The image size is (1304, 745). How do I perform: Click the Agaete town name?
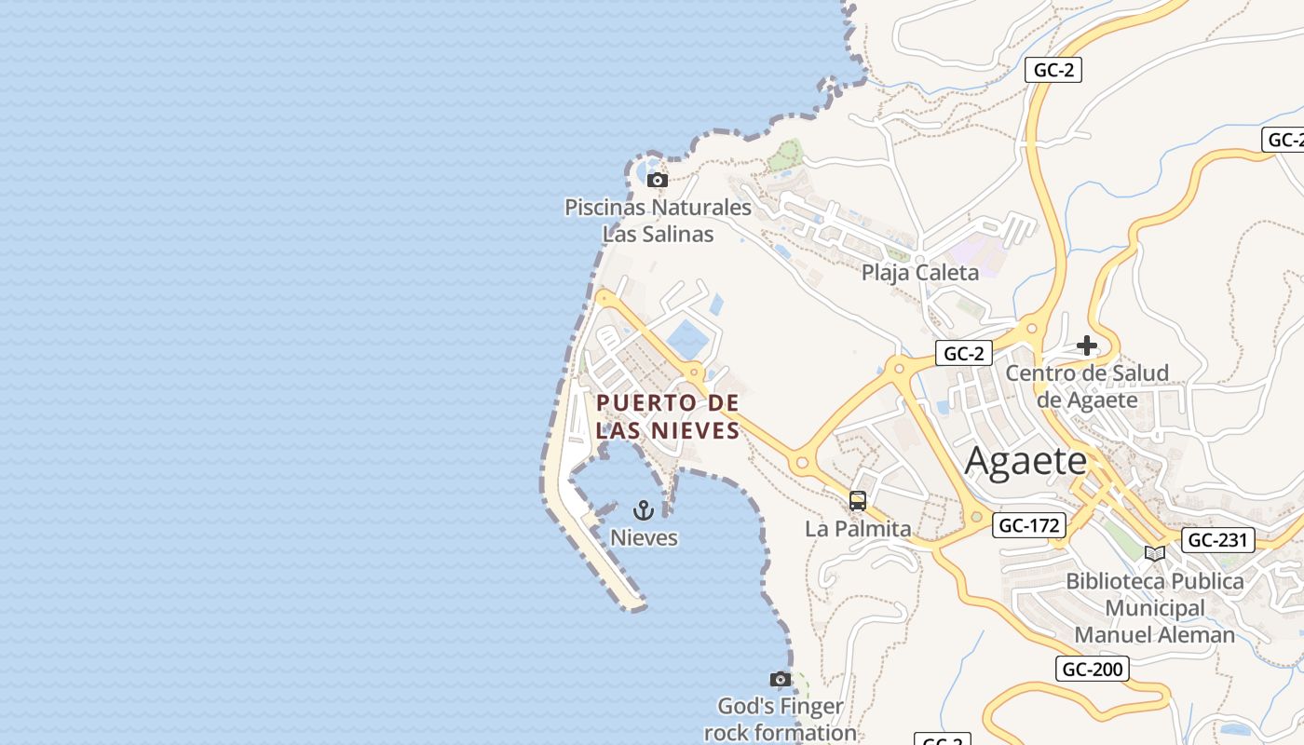click(x=1026, y=461)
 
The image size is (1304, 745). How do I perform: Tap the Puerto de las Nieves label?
click(x=668, y=416)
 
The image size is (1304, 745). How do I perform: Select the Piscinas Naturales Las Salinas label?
click(x=658, y=221)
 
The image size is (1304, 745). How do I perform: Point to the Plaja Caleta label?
click(x=919, y=273)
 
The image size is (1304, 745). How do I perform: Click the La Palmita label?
click(x=858, y=529)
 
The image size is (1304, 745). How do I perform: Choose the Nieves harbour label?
click(x=644, y=538)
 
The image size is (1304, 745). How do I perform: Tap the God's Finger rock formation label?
click(x=781, y=719)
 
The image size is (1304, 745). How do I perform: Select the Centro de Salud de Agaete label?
click(x=1087, y=386)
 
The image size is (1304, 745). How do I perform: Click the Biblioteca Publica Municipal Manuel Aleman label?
click(x=1155, y=608)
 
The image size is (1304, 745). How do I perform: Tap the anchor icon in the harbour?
click(x=643, y=510)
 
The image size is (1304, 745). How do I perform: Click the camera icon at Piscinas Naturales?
click(x=658, y=180)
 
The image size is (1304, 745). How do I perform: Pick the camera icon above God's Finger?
click(x=781, y=679)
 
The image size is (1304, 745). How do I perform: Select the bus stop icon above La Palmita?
click(x=858, y=501)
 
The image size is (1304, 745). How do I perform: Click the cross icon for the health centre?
click(x=1087, y=346)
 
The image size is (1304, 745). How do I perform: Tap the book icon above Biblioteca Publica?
click(x=1155, y=553)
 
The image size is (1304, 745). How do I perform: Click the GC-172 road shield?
click(x=1028, y=525)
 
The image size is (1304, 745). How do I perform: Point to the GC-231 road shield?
click(x=1217, y=540)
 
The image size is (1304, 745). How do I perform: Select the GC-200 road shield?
click(x=1093, y=669)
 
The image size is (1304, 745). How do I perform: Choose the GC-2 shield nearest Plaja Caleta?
click(x=963, y=353)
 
